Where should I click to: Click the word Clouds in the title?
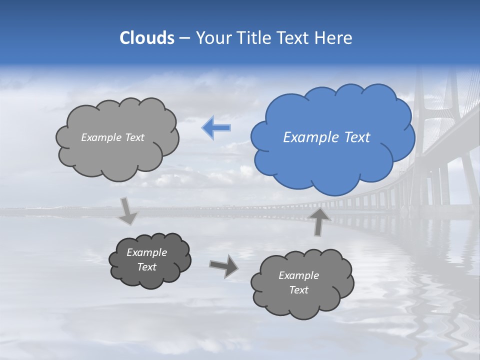click(146, 38)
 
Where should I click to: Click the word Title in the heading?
click(254, 38)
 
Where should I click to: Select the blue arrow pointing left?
click(216, 127)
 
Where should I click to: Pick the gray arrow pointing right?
click(223, 266)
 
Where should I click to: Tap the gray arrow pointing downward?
click(128, 210)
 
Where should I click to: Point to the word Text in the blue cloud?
click(357, 137)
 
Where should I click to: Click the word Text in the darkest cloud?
click(146, 267)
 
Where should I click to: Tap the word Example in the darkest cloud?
click(146, 253)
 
